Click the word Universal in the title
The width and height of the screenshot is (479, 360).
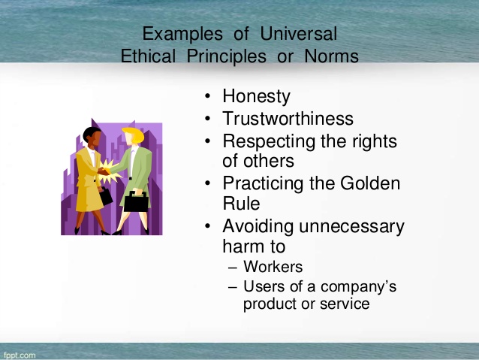point(299,34)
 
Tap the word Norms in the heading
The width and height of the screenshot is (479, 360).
point(331,56)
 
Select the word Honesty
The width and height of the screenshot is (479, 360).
point(256,97)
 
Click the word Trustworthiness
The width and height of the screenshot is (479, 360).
point(288,118)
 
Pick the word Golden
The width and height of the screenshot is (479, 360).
point(370,183)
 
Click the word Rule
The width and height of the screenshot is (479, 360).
point(241,204)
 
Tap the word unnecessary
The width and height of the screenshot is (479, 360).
point(351,227)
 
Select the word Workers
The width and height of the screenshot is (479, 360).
point(273,266)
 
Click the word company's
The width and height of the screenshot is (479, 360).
point(358,287)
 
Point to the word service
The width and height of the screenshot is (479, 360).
point(345,304)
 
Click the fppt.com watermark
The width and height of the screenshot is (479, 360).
point(20,355)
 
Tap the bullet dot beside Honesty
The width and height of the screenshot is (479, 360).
point(208,96)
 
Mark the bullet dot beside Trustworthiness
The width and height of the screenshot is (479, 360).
point(208,118)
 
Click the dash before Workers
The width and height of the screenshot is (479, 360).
point(233,268)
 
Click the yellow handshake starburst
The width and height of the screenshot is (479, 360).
point(109,172)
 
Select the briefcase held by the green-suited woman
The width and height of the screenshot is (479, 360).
point(136,201)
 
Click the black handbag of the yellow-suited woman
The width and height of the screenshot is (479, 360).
point(105,196)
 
